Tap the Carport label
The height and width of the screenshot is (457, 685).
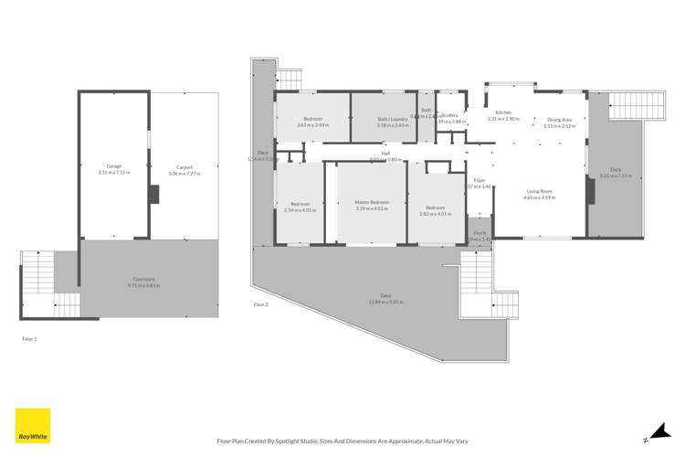point(184,166)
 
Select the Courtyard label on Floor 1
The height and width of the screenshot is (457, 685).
point(146,280)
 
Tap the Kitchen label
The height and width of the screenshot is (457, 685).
point(503,113)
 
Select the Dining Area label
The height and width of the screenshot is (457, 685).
point(559,120)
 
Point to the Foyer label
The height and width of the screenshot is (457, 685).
point(479,181)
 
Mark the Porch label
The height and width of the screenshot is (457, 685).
point(479,233)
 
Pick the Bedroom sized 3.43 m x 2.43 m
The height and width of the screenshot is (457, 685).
point(311,120)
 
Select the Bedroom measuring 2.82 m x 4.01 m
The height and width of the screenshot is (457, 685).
point(436,209)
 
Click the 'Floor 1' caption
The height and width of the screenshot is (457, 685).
point(29,338)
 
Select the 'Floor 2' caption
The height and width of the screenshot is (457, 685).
point(260,303)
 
